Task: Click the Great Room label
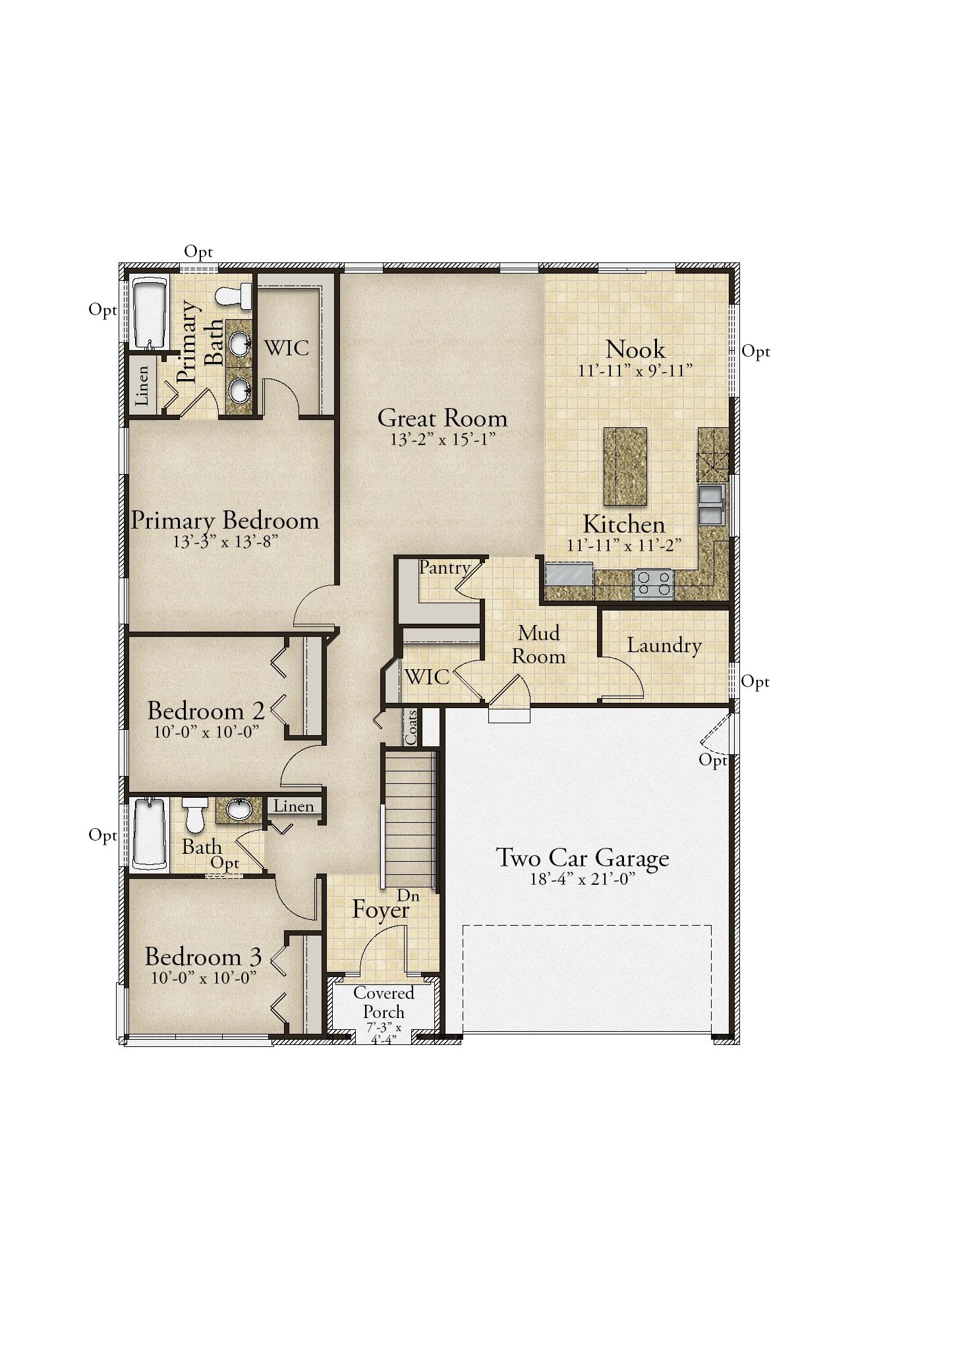pyautogui.click(x=442, y=418)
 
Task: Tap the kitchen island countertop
pyautogui.click(x=625, y=466)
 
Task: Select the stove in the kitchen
pyautogui.click(x=653, y=583)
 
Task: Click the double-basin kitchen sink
pyautogui.click(x=710, y=504)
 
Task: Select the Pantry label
pyautogui.click(x=445, y=567)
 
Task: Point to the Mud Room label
pyautogui.click(x=539, y=644)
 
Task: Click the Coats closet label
pyautogui.click(x=411, y=727)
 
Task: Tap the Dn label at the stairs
pyautogui.click(x=408, y=895)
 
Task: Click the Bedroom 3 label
pyautogui.click(x=203, y=956)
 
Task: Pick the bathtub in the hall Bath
pyautogui.click(x=150, y=833)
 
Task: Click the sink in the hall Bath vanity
pyautogui.click(x=239, y=809)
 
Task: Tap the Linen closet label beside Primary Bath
pyautogui.click(x=142, y=385)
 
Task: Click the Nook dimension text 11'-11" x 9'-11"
pyautogui.click(x=635, y=371)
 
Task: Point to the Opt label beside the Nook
pyautogui.click(x=756, y=351)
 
